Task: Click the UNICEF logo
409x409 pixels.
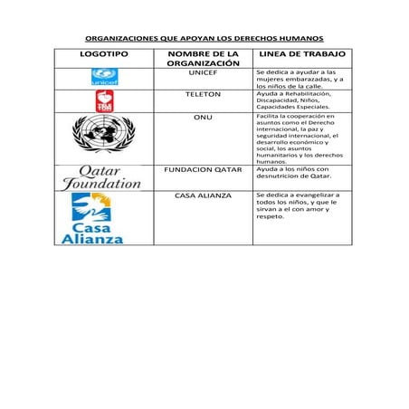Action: point(104,78)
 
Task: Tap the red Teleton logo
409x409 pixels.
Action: point(104,100)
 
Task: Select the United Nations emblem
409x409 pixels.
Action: point(104,138)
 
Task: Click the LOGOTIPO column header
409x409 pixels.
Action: point(104,55)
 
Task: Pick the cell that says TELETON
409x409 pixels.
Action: point(203,94)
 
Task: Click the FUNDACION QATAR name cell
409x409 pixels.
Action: point(203,168)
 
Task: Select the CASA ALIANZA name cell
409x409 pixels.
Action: point(203,195)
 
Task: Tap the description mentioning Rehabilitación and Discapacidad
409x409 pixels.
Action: point(299,100)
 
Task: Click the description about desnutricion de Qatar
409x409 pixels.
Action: point(299,172)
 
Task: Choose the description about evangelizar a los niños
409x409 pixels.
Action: point(299,205)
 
